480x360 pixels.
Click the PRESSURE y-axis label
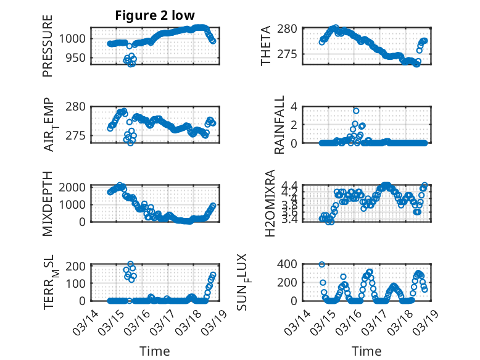click(48, 46)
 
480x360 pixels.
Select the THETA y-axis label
click(266, 46)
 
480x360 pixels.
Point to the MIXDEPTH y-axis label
click(48, 203)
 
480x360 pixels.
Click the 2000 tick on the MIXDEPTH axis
click(73, 187)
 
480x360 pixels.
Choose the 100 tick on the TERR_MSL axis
click(75, 283)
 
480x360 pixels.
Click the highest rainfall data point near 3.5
click(356, 111)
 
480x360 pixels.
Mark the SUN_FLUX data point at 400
click(321, 264)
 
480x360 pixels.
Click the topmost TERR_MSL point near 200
click(130, 264)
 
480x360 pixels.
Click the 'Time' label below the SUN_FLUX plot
click(366, 351)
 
